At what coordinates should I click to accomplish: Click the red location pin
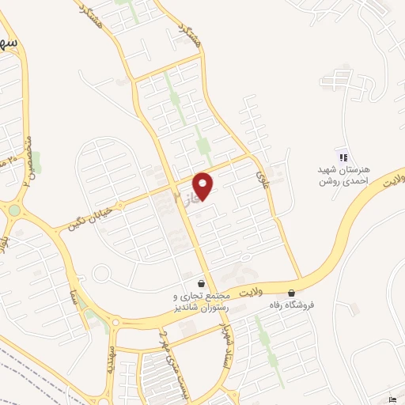tap(203, 186)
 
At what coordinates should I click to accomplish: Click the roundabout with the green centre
tap(13, 210)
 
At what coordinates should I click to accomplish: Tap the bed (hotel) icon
tap(394, 397)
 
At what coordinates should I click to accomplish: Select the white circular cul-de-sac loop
tap(100, 274)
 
